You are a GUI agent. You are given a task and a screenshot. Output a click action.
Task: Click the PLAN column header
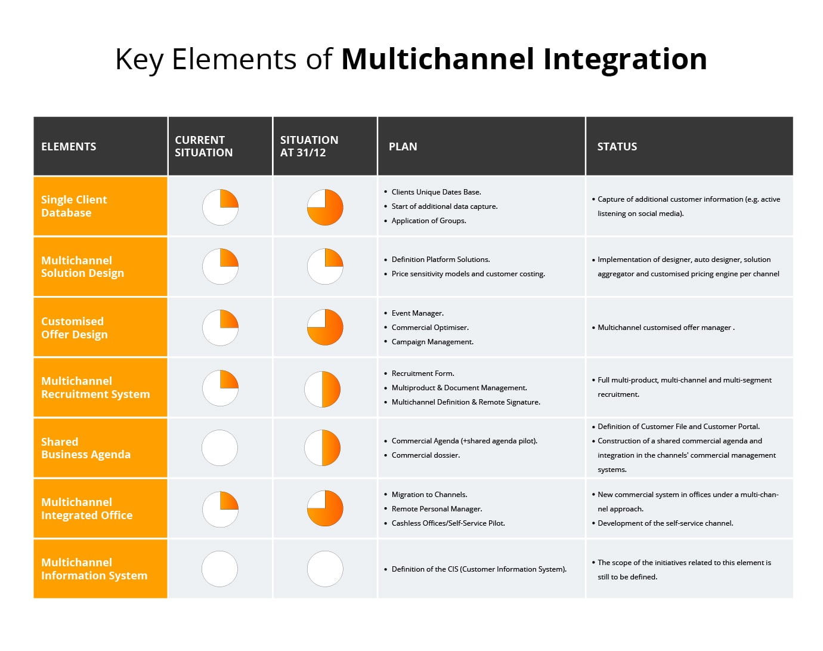[x=403, y=147]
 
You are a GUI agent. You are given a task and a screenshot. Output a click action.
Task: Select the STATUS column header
[x=617, y=147]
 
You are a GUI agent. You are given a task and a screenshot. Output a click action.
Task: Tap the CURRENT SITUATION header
[x=203, y=146]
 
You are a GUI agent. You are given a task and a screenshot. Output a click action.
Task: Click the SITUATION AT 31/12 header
[x=309, y=146]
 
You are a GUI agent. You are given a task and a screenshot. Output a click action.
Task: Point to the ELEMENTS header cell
[x=69, y=147]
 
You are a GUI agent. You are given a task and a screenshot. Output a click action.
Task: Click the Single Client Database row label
[x=74, y=206]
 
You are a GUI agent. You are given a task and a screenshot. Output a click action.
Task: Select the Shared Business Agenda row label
[x=85, y=448]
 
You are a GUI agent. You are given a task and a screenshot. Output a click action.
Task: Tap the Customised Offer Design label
[x=74, y=328]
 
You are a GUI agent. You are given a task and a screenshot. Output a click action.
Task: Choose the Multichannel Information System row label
[x=94, y=569]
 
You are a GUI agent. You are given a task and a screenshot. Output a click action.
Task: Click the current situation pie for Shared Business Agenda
[x=220, y=448]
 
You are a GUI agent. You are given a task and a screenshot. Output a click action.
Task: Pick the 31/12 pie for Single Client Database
[x=325, y=207]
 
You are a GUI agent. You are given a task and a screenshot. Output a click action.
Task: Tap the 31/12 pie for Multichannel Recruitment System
[x=323, y=389]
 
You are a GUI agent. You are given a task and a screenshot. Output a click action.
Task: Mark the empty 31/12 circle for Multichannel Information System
[x=325, y=569]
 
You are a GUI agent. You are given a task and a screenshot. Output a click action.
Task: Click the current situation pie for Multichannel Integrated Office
[x=220, y=509]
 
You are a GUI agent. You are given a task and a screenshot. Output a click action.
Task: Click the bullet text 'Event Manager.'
[x=417, y=313]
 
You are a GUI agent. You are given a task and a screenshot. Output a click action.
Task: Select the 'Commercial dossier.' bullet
[x=425, y=455]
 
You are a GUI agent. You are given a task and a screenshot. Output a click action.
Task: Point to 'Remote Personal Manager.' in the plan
[x=437, y=509]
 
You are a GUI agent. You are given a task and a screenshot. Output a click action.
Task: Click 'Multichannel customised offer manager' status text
[x=664, y=328]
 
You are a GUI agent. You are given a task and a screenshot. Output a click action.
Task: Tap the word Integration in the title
[x=624, y=59]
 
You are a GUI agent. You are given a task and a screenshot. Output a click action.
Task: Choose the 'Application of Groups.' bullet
[x=428, y=221]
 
